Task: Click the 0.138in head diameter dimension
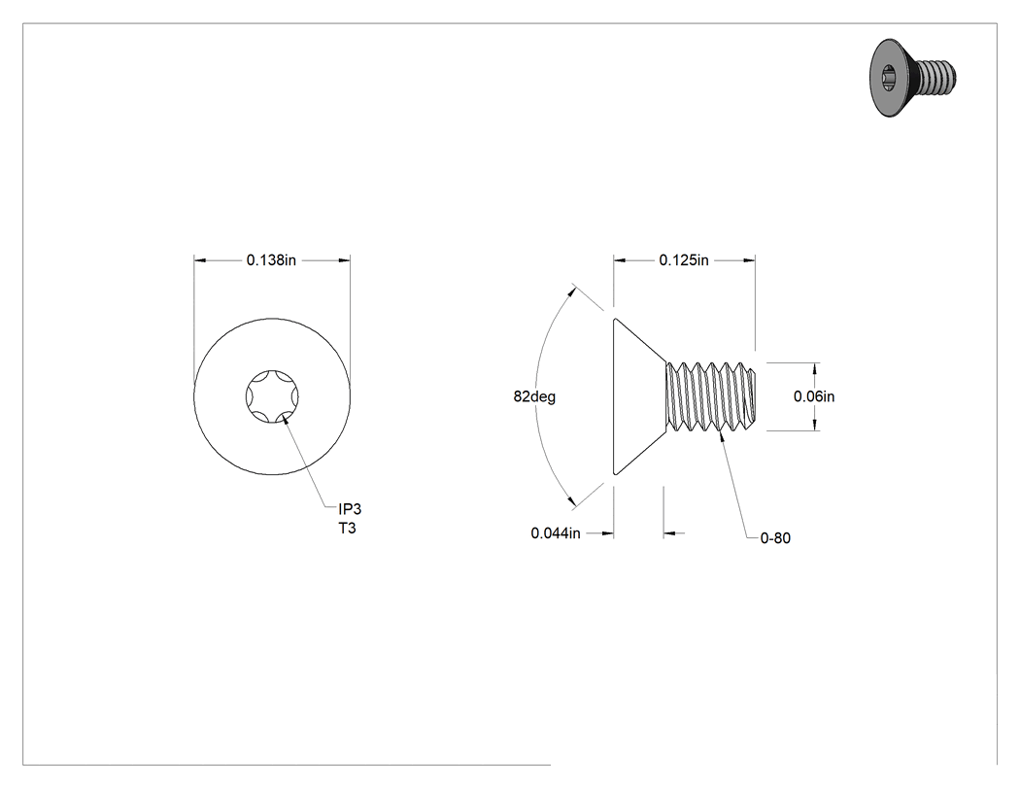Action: pyautogui.click(x=271, y=260)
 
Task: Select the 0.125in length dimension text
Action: pyautogui.click(x=684, y=260)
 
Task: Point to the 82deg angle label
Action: pyautogui.click(x=534, y=396)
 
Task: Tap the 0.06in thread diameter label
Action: pyautogui.click(x=814, y=396)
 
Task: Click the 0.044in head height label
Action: pyautogui.click(x=556, y=533)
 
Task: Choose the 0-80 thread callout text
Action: pyautogui.click(x=775, y=538)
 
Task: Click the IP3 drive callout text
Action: pyautogui.click(x=350, y=509)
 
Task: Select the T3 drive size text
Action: pyautogui.click(x=348, y=529)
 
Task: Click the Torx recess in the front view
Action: pyautogui.click(x=272, y=396)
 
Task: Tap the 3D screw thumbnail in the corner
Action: pyautogui.click(x=913, y=78)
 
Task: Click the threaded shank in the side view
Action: pyautogui.click(x=712, y=396)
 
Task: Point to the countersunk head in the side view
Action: pyautogui.click(x=640, y=396)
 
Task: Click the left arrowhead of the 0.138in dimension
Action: pyautogui.click(x=200, y=260)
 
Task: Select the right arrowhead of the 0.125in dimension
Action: pyautogui.click(x=749, y=260)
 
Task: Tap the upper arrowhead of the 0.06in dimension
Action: pyautogui.click(x=815, y=369)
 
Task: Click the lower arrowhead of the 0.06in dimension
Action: pyautogui.click(x=815, y=425)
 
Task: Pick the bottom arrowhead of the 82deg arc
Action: pyautogui.click(x=572, y=501)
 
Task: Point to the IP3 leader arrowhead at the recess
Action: pyautogui.click(x=286, y=415)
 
